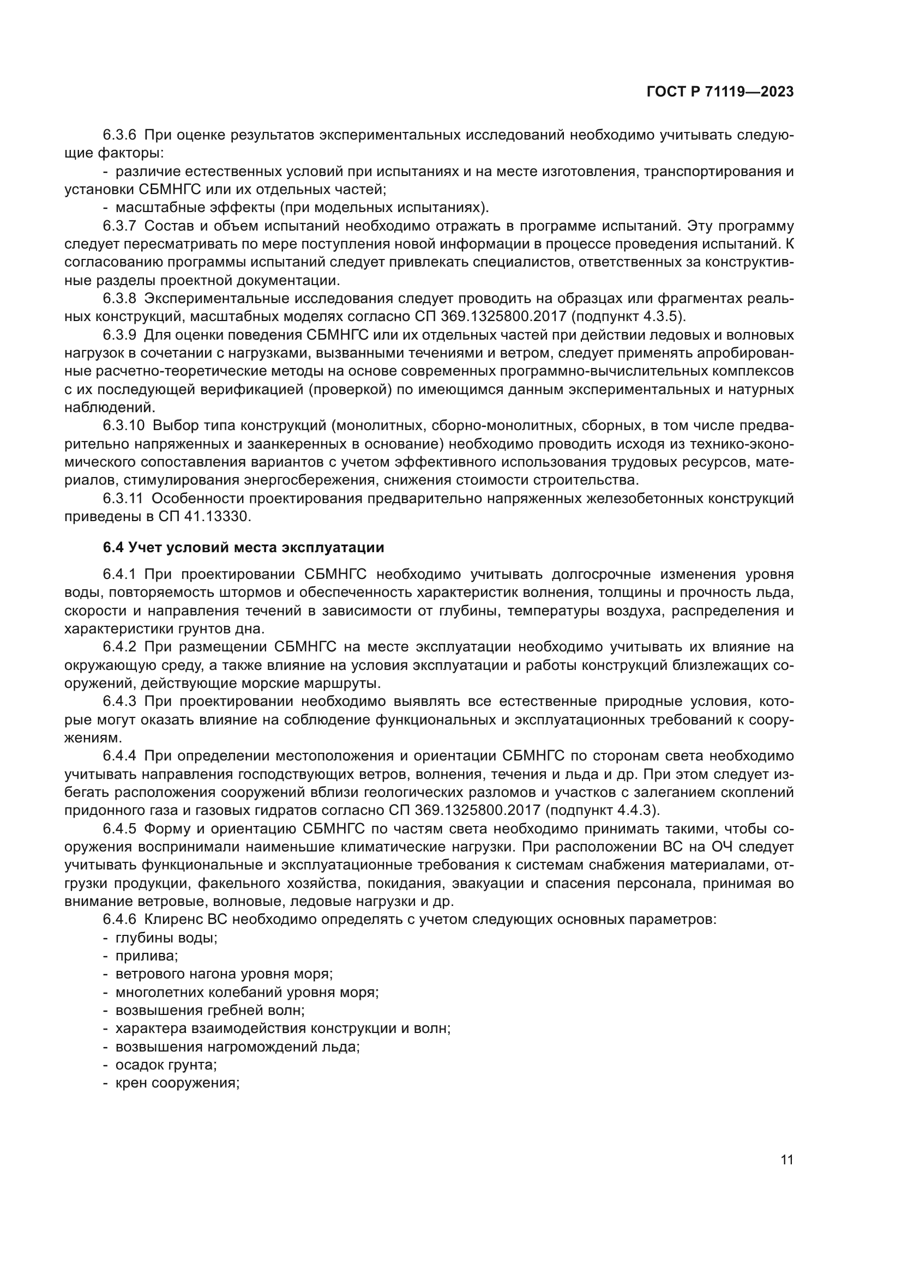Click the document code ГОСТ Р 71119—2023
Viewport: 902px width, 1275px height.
720,92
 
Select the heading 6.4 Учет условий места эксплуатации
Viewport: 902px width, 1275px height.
243,547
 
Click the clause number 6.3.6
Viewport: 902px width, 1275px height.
119,135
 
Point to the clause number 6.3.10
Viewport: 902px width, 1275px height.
123,425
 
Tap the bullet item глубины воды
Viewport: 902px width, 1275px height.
166,938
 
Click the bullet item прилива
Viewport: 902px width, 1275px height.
147,956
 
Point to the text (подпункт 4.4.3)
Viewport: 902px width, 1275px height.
602,810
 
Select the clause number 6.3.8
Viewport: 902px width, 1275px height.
119,298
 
